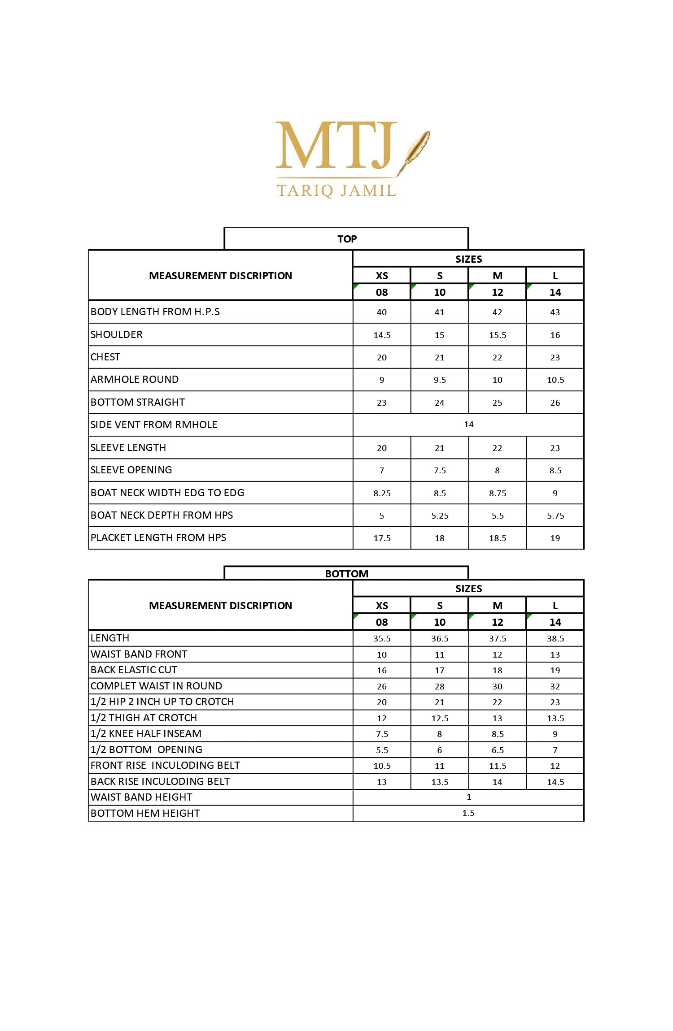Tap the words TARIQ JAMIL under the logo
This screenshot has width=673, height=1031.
click(x=336, y=191)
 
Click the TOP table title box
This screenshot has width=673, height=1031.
click(x=346, y=239)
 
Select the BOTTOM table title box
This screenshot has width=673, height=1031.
click(x=346, y=573)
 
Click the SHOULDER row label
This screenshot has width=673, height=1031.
click(x=117, y=334)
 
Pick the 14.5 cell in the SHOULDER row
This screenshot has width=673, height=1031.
click(x=382, y=335)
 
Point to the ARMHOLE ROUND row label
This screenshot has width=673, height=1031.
click(x=135, y=379)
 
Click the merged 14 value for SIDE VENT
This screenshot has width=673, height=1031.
click(x=468, y=424)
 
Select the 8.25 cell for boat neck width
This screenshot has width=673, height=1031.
click(x=382, y=493)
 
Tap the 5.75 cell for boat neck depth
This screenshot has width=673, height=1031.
click(x=555, y=515)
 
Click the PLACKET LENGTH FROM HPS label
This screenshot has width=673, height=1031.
click(x=158, y=537)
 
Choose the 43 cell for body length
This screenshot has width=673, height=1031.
click(x=555, y=312)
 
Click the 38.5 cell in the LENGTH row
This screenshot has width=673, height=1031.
click(x=555, y=638)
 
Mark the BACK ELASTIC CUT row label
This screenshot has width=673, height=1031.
click(x=134, y=670)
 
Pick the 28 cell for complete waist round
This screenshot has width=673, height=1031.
click(x=439, y=686)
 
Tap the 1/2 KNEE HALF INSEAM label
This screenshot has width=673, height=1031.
click(x=146, y=733)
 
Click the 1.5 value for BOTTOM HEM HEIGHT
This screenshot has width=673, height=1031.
click(x=468, y=813)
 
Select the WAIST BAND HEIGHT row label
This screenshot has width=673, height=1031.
click(x=141, y=797)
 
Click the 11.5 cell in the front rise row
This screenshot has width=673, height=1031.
click(x=497, y=766)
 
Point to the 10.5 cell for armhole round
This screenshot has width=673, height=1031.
click(x=555, y=380)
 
